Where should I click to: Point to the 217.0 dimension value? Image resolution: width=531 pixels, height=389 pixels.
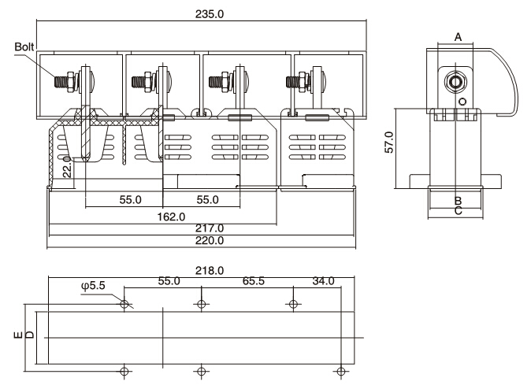[x=210, y=228]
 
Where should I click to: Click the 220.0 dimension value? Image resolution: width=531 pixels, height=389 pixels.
[x=210, y=241]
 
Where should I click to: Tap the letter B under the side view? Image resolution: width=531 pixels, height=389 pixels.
[x=458, y=202]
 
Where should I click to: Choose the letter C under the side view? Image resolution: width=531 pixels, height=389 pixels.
[x=458, y=212]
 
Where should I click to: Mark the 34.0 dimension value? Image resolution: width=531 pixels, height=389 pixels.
[x=324, y=281]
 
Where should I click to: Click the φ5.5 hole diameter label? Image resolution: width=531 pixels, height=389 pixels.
[x=94, y=286]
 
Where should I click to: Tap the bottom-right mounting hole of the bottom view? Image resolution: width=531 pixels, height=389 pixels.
[x=341, y=370]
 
